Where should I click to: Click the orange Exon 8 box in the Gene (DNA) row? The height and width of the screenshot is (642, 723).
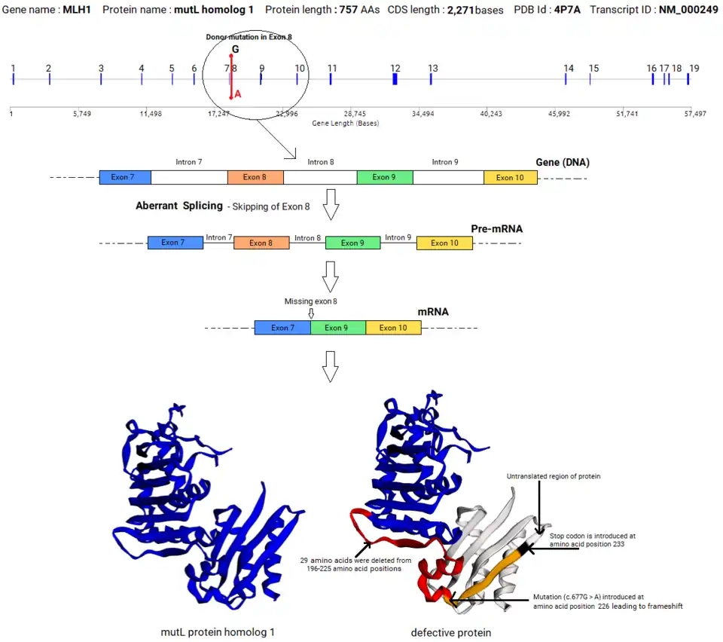255,178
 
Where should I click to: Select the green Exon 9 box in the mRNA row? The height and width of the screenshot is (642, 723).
338,328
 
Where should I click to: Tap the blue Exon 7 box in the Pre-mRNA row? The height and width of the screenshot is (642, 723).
175,243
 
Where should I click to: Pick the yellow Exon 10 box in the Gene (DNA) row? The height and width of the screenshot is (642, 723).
511,178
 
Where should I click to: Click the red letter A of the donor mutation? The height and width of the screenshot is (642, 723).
238,94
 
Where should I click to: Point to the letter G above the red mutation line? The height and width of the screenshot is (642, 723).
235,50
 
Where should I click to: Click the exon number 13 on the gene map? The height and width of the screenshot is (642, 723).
433,68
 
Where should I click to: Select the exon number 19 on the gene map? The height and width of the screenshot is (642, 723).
694,68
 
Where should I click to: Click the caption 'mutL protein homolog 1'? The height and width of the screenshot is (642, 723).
218,632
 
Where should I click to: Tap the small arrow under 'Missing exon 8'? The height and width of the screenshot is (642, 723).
311,313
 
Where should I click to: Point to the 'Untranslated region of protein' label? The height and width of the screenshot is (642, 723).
554,476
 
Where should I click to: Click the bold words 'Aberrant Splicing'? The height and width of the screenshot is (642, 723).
179,206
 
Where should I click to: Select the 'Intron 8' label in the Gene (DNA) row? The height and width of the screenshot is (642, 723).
320,162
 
